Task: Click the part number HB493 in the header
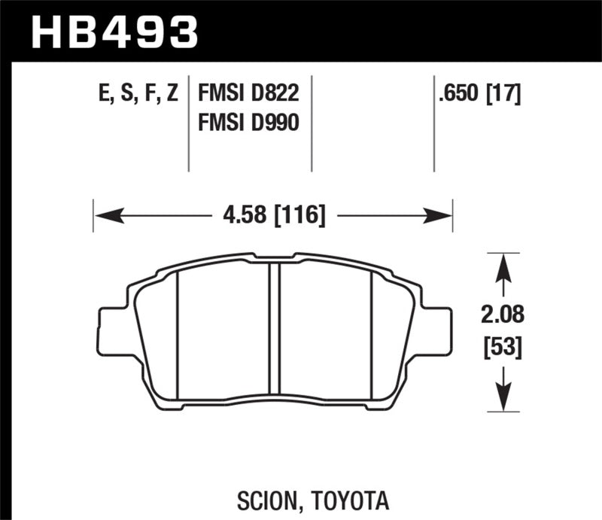tap(114, 31)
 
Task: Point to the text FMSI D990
tap(248, 121)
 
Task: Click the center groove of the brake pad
tap(274, 335)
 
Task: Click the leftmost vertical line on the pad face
tap(177, 335)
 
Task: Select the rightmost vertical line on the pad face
tap(372, 335)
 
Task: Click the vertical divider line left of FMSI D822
tap(187, 124)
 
